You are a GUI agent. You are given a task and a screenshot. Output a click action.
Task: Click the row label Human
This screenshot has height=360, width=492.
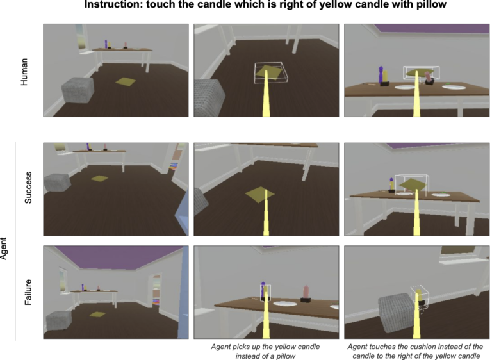[x=24, y=72]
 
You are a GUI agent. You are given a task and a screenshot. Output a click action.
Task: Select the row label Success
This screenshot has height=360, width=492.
[x=28, y=188]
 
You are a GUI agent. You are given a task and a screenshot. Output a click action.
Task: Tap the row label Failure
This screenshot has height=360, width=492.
[x=28, y=292]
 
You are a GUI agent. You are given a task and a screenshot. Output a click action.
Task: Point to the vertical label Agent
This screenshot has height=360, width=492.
[x=3, y=249]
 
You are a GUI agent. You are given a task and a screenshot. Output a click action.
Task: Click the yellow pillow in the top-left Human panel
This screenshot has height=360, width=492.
[x=126, y=82]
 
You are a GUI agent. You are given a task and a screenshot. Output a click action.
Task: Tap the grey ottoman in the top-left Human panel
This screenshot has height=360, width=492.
[x=78, y=90]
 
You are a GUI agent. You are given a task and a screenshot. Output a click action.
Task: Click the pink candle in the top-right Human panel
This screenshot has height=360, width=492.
[x=428, y=78]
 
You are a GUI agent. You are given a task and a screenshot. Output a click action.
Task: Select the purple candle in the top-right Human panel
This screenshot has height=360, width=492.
[x=381, y=75]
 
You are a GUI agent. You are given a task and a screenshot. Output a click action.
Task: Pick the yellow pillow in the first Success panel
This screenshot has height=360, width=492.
[x=100, y=179]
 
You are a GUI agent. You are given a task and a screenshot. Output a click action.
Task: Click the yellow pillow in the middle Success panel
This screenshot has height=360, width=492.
[x=259, y=195]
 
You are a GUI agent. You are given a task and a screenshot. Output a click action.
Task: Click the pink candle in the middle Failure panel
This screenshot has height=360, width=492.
[x=306, y=293]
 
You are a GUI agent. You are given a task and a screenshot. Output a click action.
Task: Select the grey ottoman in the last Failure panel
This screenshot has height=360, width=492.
[x=396, y=313]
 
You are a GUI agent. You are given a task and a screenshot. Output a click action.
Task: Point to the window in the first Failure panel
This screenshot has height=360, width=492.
[x=63, y=281]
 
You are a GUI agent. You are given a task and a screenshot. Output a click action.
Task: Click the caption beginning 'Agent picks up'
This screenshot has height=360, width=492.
[x=265, y=351]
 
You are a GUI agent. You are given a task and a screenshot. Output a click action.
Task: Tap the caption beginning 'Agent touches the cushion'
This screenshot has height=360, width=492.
[x=415, y=351]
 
